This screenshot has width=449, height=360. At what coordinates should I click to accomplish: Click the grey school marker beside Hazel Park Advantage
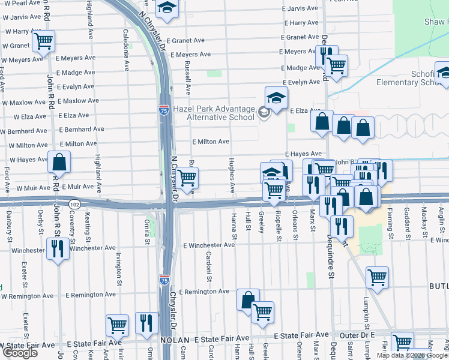coord(263,112)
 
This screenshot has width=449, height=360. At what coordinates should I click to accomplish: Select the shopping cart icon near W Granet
coord(43,41)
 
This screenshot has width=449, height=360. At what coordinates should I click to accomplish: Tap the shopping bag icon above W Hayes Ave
coord(59,161)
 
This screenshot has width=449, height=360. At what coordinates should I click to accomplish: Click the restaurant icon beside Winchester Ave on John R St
coord(58,248)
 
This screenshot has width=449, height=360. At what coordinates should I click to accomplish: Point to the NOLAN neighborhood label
coord(175,340)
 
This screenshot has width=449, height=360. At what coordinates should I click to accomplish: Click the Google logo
coord(20,353)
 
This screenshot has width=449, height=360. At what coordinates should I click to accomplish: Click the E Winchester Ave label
coord(209,245)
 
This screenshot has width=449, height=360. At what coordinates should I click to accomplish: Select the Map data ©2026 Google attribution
coord(412,355)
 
